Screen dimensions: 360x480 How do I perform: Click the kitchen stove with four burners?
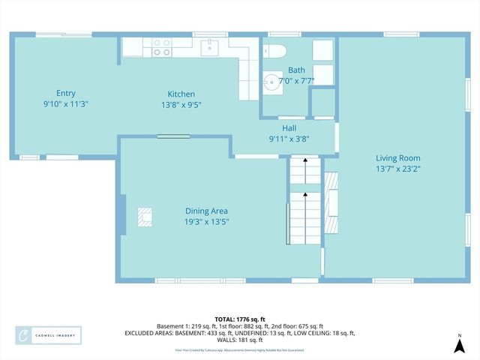[x=162, y=47]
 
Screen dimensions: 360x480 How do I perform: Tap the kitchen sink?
[x=210, y=47]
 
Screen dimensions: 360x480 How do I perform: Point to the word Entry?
[x=65, y=94]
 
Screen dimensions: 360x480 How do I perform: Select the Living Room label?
[x=397, y=158]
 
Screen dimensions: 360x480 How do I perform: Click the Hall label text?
[x=289, y=128]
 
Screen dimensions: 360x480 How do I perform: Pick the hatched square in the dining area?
[x=145, y=217]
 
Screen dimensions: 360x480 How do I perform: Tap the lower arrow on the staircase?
[x=305, y=196]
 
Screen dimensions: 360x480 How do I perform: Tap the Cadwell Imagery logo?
[x=49, y=335]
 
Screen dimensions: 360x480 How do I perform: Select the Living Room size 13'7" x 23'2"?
[x=397, y=169]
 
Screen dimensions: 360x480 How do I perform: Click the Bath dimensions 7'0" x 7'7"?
[x=297, y=80]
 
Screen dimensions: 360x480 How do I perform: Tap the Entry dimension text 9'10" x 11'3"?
[x=65, y=105]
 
